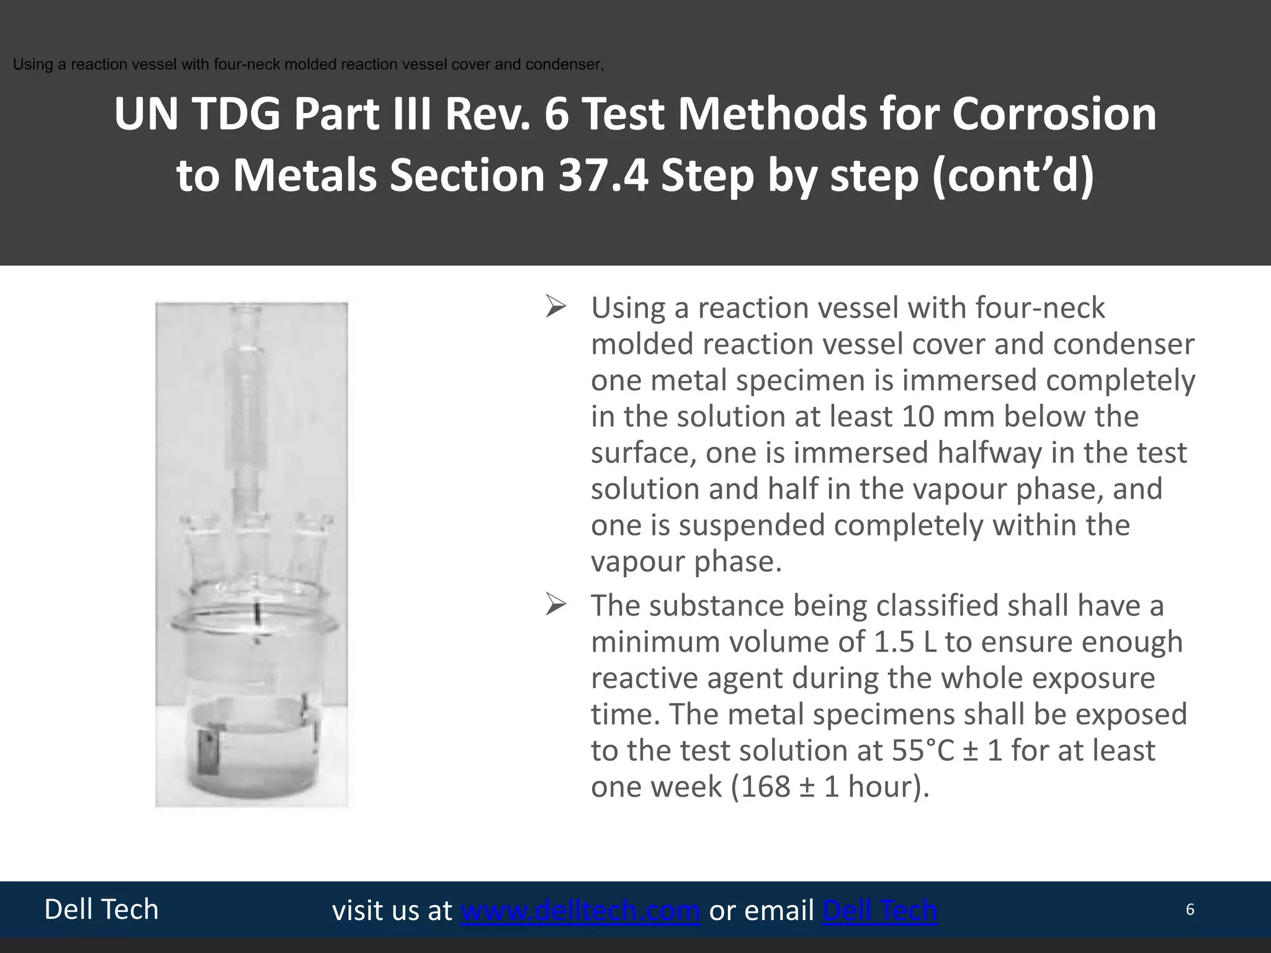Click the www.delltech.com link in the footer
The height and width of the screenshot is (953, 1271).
(x=580, y=911)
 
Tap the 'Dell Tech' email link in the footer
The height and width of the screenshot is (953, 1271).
(x=879, y=911)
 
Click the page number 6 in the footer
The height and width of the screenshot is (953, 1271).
(x=1190, y=910)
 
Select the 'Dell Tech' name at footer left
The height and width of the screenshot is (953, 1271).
(x=101, y=910)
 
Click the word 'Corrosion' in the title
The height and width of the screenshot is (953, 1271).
(x=1054, y=115)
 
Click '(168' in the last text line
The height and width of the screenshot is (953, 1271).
(x=761, y=787)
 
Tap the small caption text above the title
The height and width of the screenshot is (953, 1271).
(x=308, y=65)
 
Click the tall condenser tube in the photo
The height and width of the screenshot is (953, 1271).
(x=253, y=397)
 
